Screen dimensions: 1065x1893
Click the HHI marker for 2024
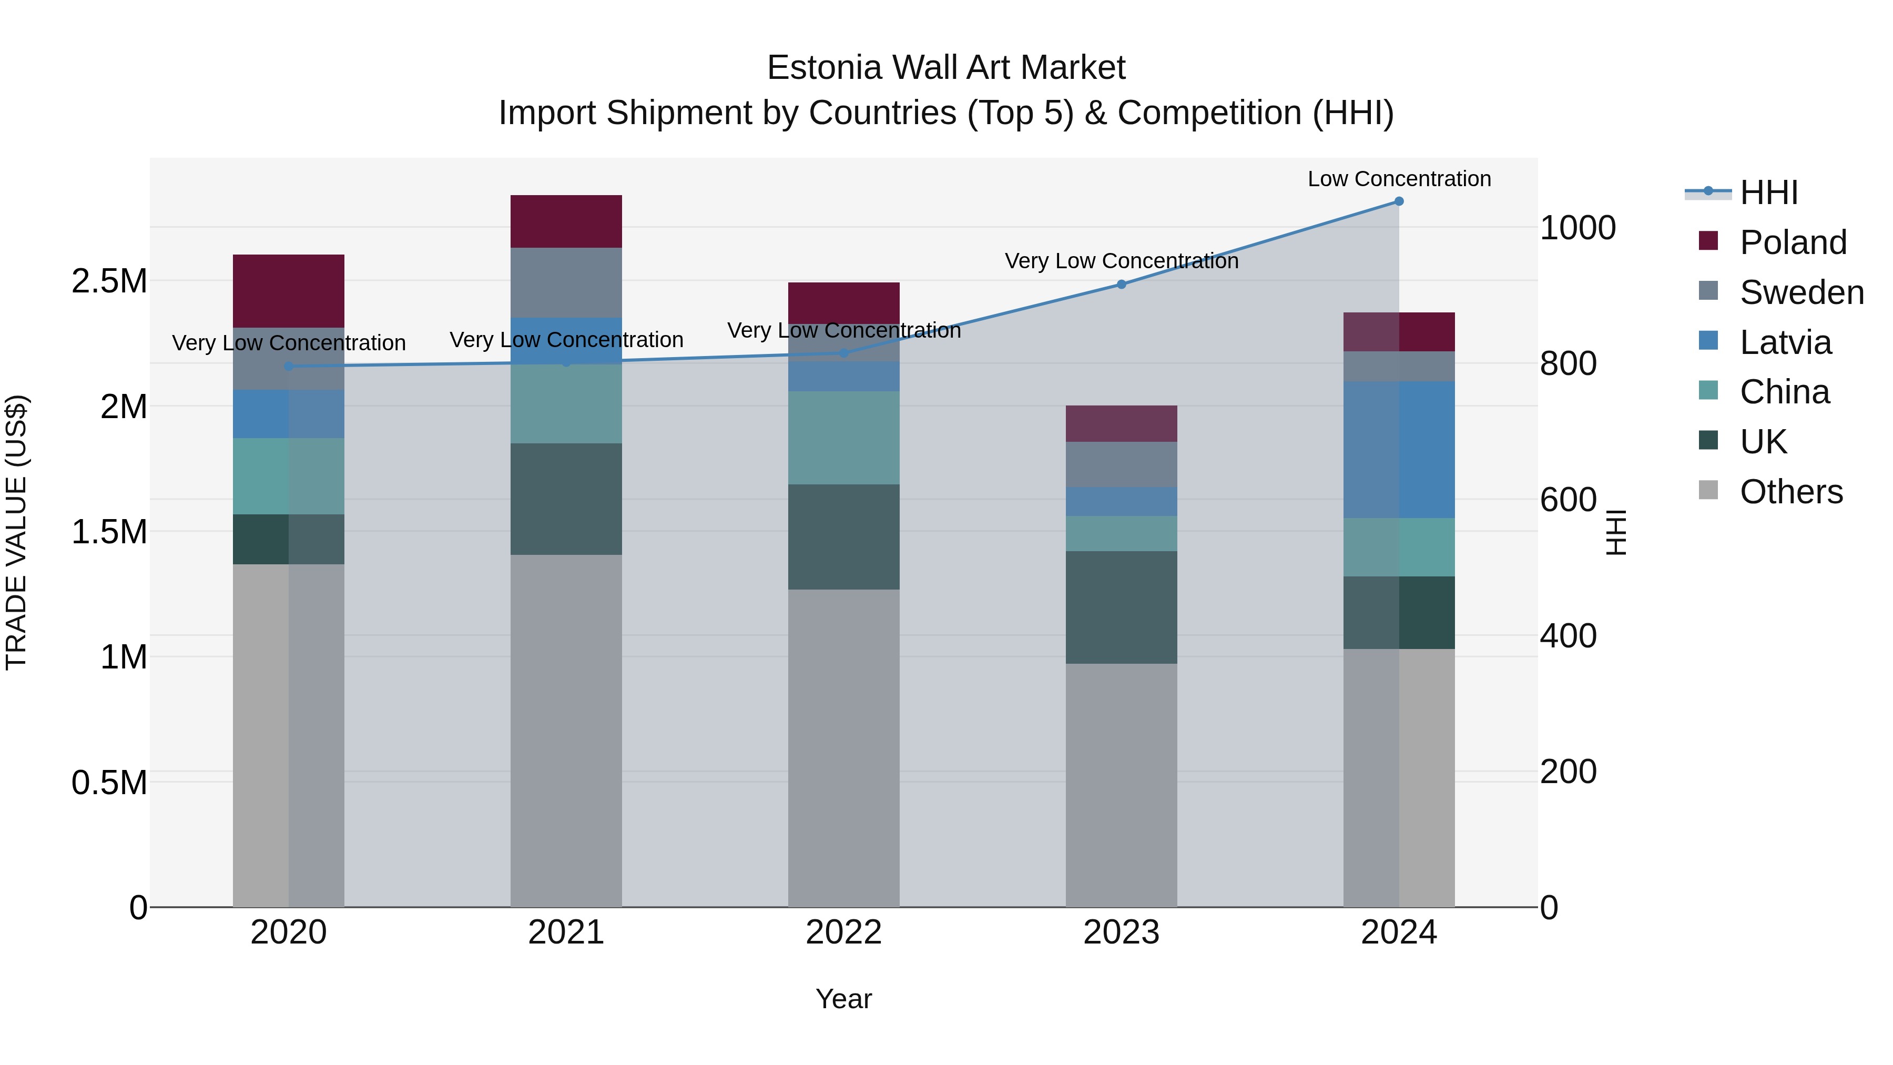(1398, 201)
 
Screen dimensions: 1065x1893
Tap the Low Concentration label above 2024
(1398, 179)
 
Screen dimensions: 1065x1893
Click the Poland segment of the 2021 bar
(566, 221)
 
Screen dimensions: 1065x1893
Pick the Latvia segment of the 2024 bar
(1398, 449)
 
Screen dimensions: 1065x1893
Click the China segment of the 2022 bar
(843, 438)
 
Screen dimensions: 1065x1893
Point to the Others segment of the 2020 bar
(288, 735)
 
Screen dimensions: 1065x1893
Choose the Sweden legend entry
(1801, 292)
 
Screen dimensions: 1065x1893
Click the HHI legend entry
(1768, 192)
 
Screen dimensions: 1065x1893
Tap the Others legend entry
(1791, 492)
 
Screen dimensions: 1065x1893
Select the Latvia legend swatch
(1708, 341)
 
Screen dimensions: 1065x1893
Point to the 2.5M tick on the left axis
(109, 281)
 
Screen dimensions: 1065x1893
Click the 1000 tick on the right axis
(1577, 228)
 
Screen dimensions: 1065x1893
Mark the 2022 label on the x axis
(843, 932)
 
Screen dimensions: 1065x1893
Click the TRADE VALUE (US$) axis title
(17, 532)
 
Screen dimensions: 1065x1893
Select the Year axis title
(843, 999)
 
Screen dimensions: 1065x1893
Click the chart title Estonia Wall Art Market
(946, 68)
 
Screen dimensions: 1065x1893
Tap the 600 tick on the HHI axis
(1568, 500)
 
